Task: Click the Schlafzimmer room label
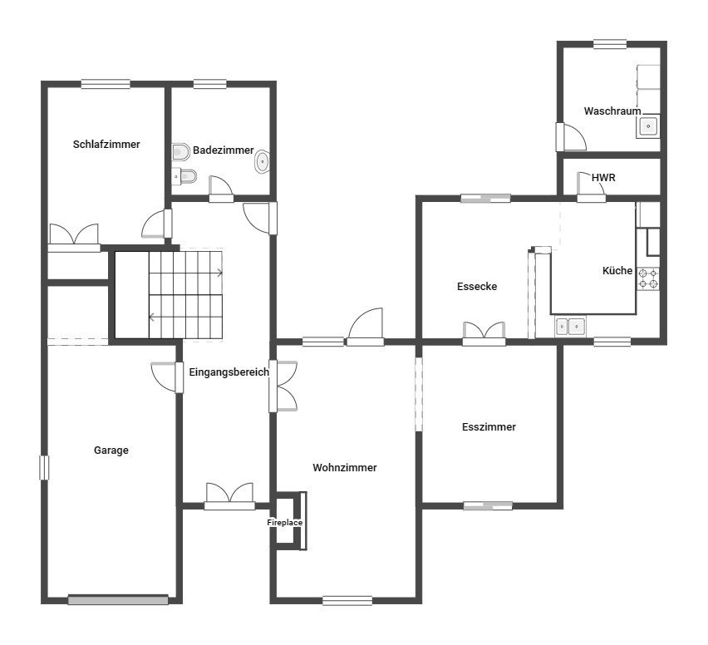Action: (x=106, y=145)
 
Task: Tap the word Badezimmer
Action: (x=223, y=150)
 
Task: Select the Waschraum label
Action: (x=612, y=111)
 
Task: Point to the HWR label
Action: (x=603, y=178)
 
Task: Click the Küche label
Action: (x=617, y=271)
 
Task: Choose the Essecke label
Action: (x=477, y=287)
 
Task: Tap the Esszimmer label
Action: (x=489, y=427)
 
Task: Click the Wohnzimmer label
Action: (x=345, y=467)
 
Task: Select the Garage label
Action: (x=111, y=451)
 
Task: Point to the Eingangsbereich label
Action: (x=229, y=372)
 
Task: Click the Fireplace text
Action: (x=284, y=523)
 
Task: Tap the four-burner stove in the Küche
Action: (x=648, y=278)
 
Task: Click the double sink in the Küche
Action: (x=570, y=326)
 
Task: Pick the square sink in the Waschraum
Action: (x=648, y=126)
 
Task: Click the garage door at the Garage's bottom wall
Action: (x=118, y=600)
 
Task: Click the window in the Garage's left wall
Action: (x=44, y=467)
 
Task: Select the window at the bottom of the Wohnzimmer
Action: (x=347, y=600)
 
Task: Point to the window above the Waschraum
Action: (x=610, y=44)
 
